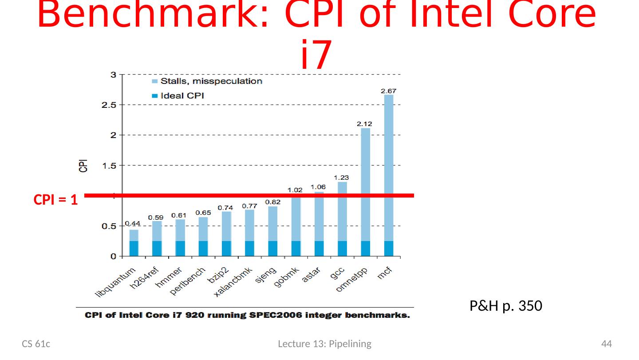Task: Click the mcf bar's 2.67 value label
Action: point(388,91)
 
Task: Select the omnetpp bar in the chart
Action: point(365,191)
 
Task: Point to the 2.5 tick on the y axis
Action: point(109,105)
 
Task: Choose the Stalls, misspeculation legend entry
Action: point(207,81)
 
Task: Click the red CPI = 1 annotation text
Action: point(56,200)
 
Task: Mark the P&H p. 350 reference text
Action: point(505,306)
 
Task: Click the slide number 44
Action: point(606,344)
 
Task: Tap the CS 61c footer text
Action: point(36,344)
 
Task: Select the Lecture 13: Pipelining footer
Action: point(324,344)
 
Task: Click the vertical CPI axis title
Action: point(83,166)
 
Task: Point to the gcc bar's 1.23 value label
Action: point(341,178)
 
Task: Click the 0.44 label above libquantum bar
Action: point(133,223)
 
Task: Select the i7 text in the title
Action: point(316,55)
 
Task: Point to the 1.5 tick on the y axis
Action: point(109,166)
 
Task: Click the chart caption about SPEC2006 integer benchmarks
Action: point(248,316)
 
